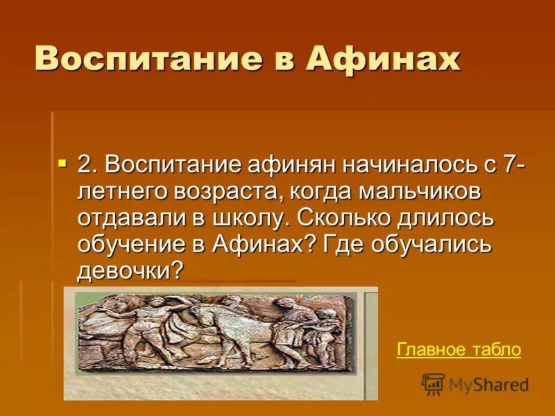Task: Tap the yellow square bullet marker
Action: pyautogui.click(x=62, y=164)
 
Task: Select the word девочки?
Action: pyautogui.click(x=132, y=270)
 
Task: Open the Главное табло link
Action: pyautogui.click(x=459, y=349)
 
